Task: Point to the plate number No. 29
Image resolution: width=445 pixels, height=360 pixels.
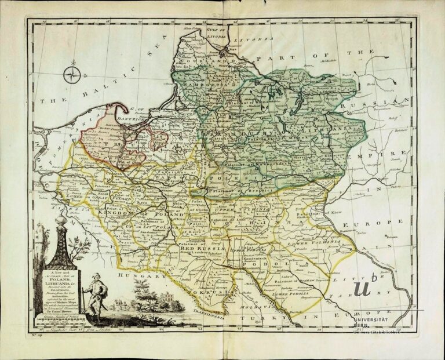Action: pos(36,334)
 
